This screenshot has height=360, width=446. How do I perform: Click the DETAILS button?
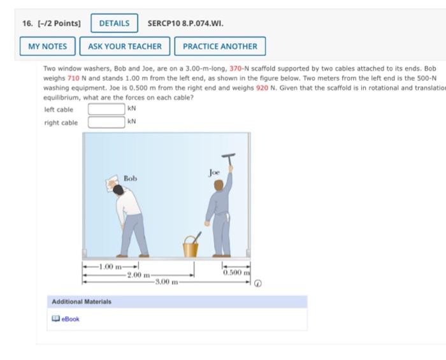coord(114,24)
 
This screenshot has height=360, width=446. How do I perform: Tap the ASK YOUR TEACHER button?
coord(125,47)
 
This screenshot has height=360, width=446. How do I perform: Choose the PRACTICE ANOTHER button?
coord(220,47)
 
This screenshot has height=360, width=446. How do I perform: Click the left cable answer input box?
coord(106,109)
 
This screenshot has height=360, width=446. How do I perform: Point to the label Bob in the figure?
coord(130,179)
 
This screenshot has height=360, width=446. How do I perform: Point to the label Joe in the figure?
coord(215,172)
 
